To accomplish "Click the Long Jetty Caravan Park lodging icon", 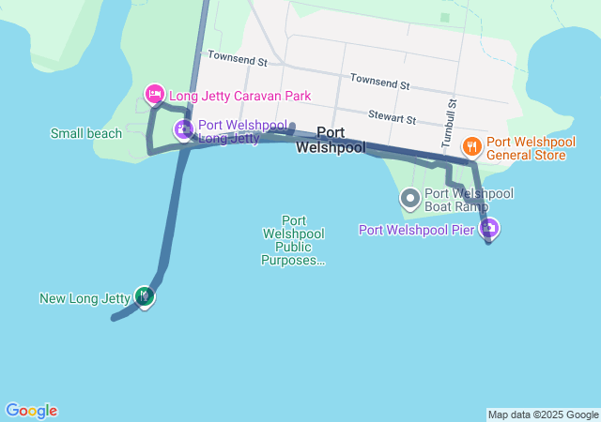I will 154,95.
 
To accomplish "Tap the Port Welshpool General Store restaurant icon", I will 471,146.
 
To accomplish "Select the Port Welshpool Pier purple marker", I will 488,228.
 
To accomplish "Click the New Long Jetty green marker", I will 144,297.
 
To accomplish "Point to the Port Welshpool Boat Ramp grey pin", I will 409,198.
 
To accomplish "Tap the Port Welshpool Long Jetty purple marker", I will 184,129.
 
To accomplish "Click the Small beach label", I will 86,133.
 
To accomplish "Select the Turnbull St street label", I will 449,121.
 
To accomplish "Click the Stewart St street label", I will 393,118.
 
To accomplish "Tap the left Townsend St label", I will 239,59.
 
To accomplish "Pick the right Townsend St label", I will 379,83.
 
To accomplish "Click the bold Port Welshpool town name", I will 331,140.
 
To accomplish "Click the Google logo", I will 31,411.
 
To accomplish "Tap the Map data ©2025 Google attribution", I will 543,414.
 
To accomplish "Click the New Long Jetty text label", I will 85,299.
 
